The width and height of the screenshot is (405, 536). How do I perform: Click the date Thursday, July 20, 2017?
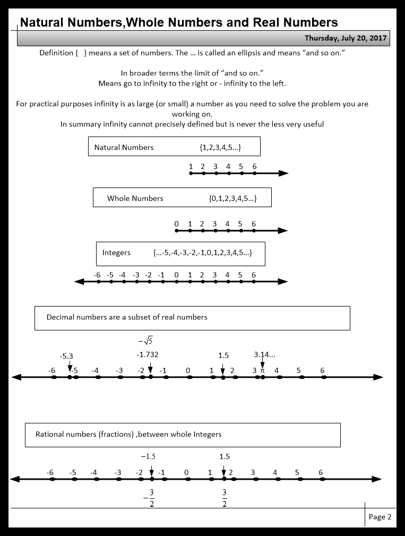(x=346, y=38)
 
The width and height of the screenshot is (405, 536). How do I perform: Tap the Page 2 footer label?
(x=380, y=517)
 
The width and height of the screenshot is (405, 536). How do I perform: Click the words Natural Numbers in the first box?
(x=124, y=147)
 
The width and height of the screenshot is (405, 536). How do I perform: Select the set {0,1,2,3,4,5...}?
(x=233, y=198)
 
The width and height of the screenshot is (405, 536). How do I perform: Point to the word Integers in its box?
(x=116, y=252)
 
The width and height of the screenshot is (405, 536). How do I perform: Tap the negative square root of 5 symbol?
(x=146, y=341)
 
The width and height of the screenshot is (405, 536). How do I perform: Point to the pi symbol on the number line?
(x=262, y=370)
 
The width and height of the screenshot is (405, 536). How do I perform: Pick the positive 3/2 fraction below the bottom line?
(x=225, y=498)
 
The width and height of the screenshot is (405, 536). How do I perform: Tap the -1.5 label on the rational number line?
(x=148, y=456)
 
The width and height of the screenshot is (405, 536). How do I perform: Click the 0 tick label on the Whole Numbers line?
(x=177, y=224)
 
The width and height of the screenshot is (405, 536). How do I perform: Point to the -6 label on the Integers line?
(x=97, y=275)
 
